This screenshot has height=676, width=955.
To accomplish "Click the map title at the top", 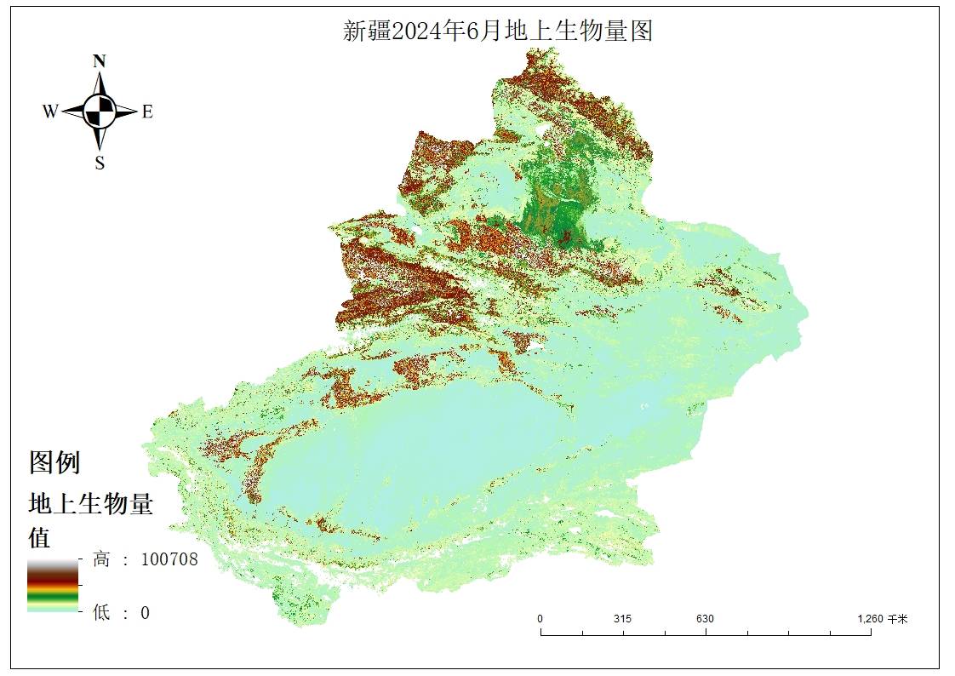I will point(498,32).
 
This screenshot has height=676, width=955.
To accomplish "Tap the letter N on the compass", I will point(100,61).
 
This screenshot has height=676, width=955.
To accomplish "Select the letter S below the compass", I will point(100,163).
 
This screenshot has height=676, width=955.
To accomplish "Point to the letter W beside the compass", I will point(50,112).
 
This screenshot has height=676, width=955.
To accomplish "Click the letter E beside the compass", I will point(147,112).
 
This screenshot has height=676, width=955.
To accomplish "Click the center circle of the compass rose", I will point(100,111).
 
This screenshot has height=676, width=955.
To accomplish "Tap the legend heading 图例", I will point(54,463).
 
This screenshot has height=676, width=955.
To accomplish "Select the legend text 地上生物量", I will point(90,504).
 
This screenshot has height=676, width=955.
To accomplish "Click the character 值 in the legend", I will point(40,537).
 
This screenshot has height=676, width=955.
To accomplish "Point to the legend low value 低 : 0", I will point(121,612).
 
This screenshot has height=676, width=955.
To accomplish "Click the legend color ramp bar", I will point(52,586).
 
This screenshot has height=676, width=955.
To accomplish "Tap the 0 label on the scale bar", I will point(540,619).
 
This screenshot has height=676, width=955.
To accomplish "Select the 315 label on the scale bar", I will point(622,619).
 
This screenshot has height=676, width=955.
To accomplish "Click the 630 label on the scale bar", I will point(705,619).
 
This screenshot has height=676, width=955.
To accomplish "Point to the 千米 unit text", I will point(898,619).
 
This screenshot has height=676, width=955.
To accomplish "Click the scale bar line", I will point(706,633).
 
